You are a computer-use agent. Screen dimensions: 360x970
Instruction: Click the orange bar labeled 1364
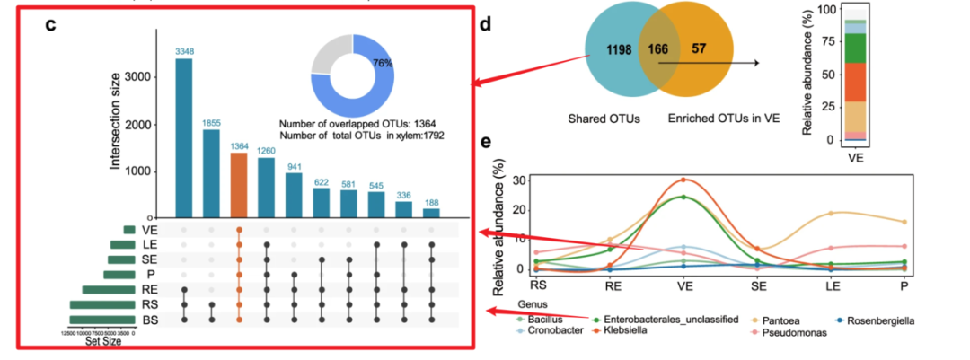[x=239, y=185]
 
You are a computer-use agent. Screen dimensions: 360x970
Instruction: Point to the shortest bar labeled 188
[x=431, y=213]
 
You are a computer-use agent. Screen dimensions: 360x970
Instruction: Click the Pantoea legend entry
[x=809, y=320]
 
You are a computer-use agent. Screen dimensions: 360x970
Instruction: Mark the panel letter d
[x=485, y=24]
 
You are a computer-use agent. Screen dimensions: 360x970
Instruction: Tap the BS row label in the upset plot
[x=149, y=320]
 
